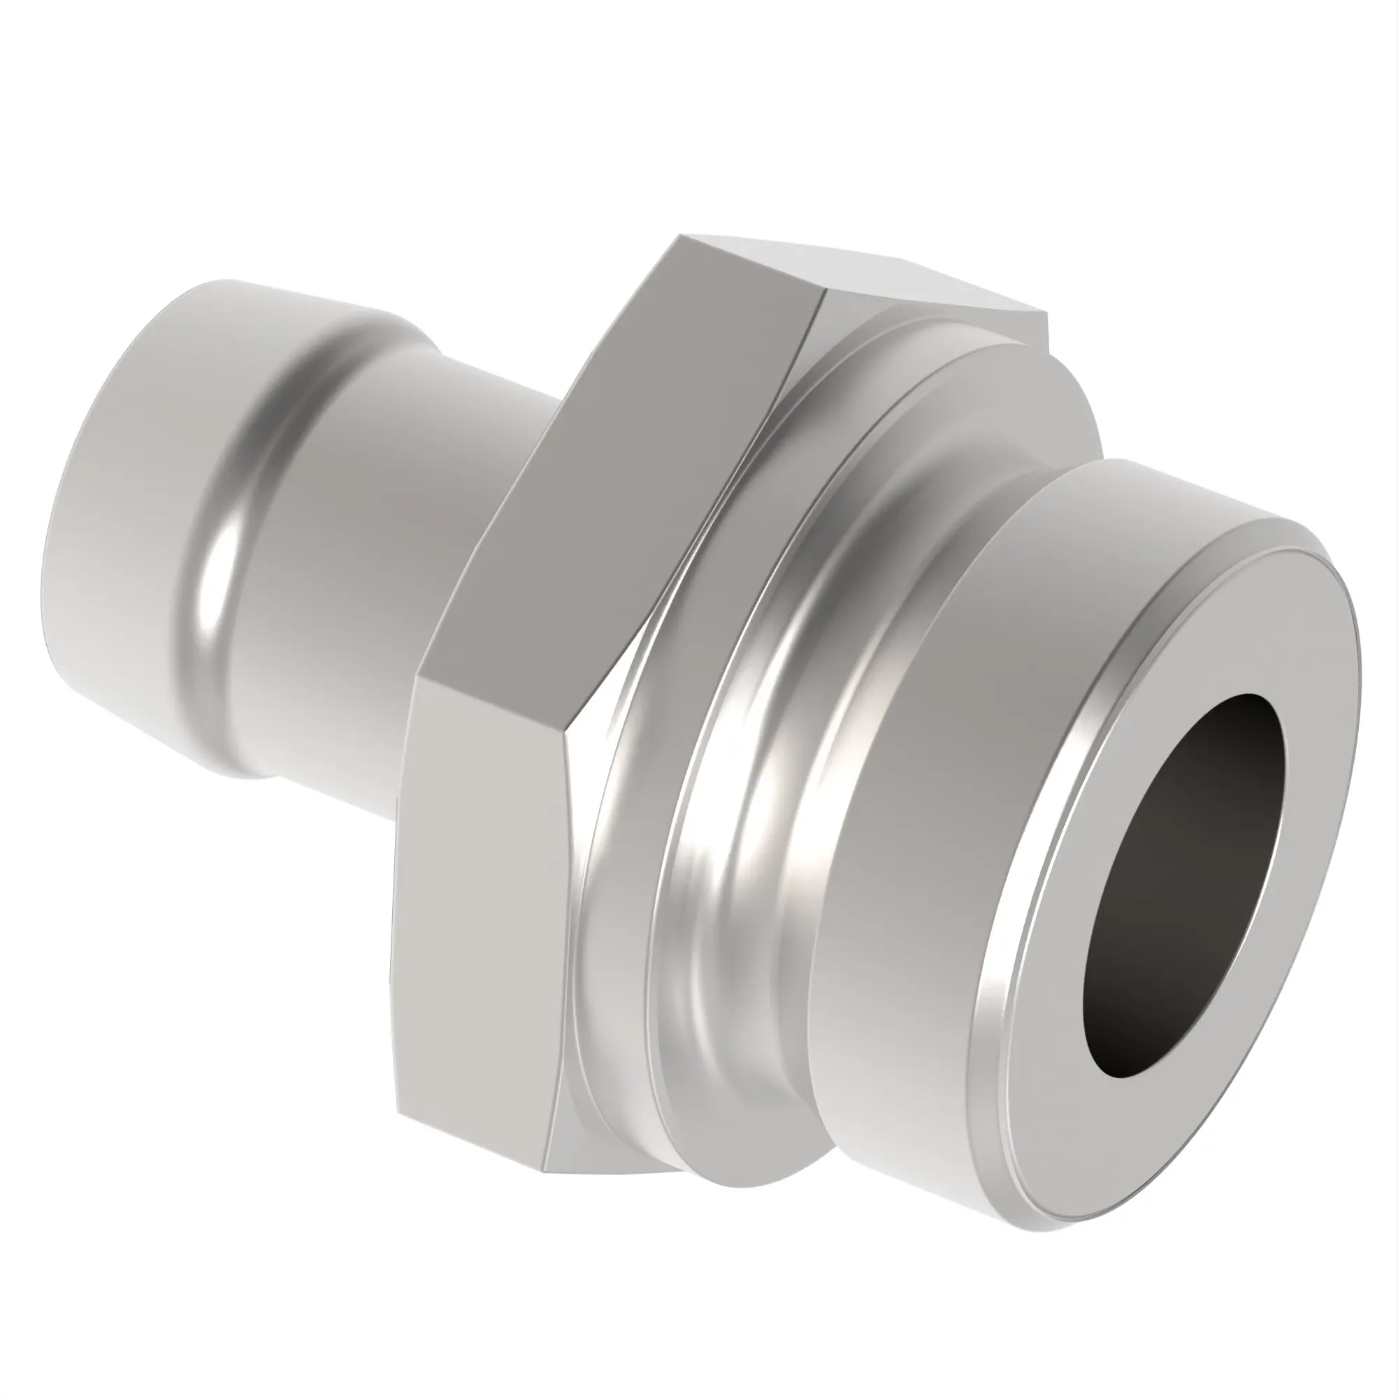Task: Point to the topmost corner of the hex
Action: pyautogui.click(x=680, y=237)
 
